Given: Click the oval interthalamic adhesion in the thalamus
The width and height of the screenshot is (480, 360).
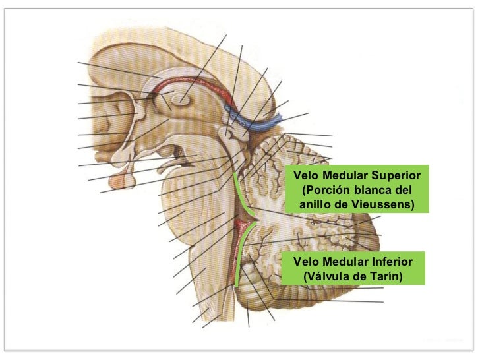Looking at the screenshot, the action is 181,100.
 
